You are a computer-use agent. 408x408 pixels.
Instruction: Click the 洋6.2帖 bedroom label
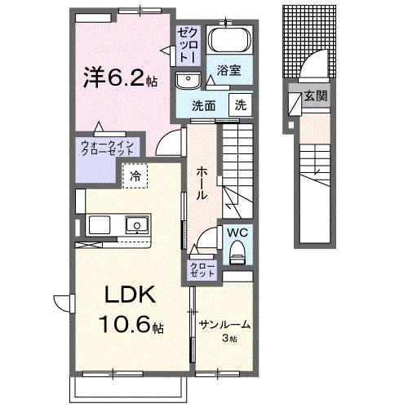(x=119, y=78)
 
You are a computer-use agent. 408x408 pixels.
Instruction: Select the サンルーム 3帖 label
(x=224, y=329)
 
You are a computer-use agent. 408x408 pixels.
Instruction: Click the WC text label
(x=237, y=233)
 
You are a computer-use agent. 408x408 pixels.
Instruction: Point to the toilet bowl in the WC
(x=237, y=255)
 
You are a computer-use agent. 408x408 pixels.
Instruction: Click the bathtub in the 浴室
(x=229, y=40)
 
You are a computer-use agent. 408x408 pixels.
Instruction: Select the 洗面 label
(x=204, y=106)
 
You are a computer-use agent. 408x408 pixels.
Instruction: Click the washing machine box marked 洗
(x=241, y=105)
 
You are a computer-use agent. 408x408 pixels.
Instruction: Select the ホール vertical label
(x=201, y=184)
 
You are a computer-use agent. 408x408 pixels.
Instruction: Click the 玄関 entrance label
(x=317, y=95)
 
